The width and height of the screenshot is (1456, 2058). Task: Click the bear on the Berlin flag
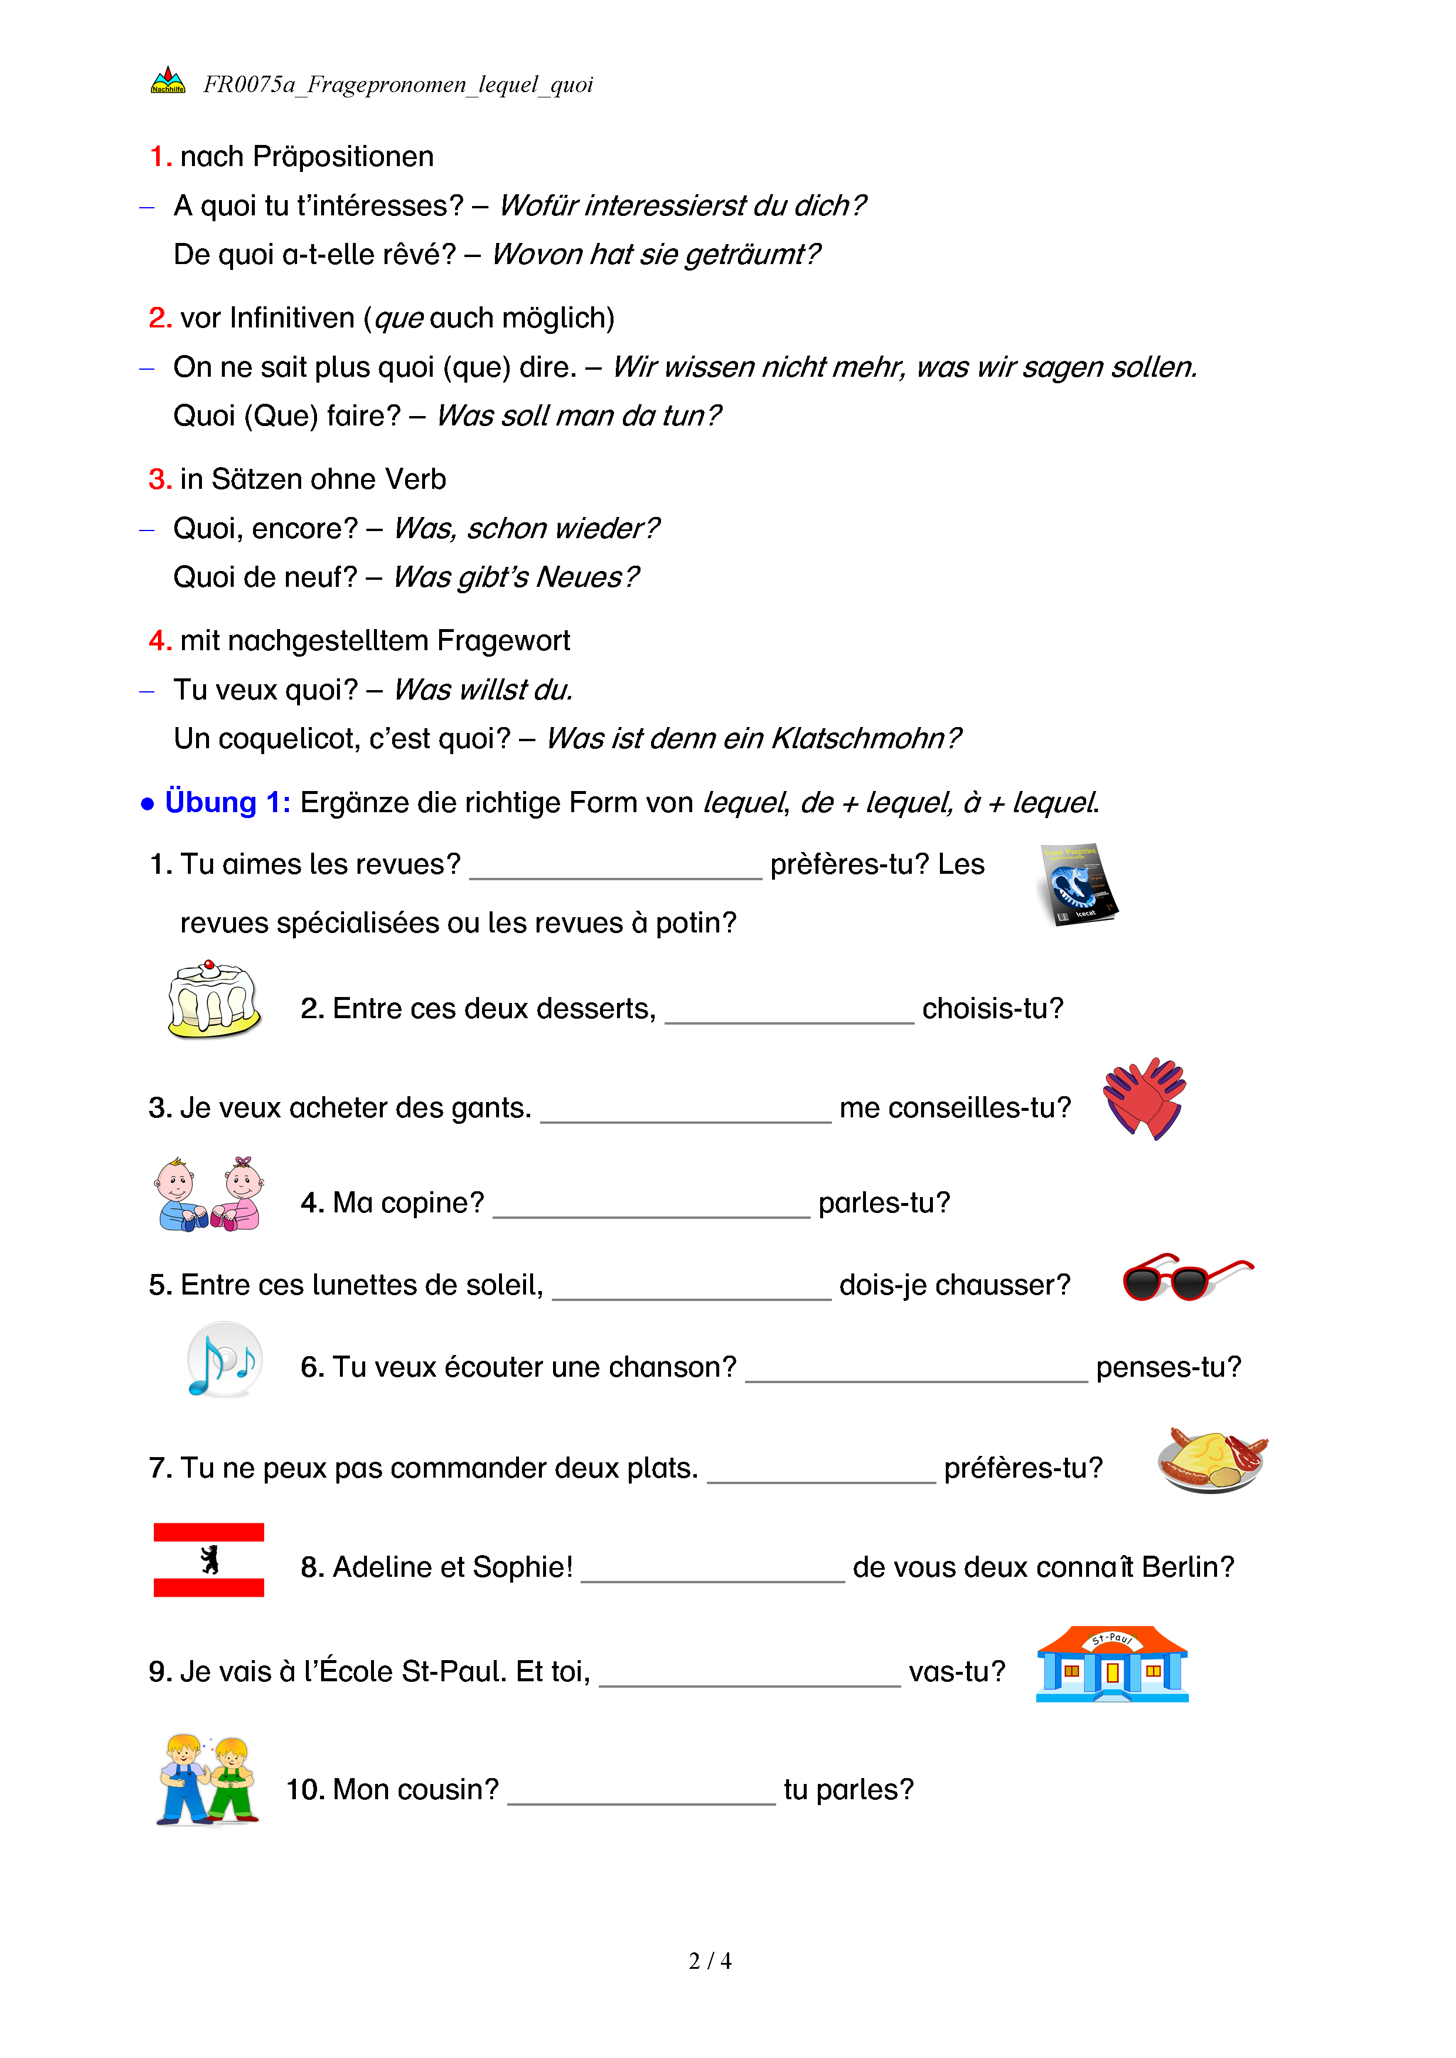point(210,1560)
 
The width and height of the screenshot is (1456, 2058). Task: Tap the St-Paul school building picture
point(1112,1664)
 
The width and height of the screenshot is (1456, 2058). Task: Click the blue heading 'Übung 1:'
point(228,802)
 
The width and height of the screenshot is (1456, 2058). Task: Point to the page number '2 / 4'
point(709,1961)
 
